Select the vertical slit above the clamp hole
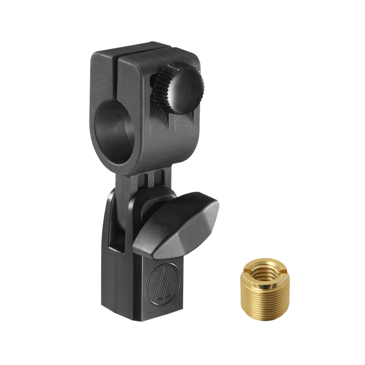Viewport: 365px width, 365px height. [x=115, y=78]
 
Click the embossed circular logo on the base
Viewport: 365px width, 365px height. [x=163, y=283]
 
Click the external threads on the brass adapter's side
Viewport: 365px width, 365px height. [x=264, y=303]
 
